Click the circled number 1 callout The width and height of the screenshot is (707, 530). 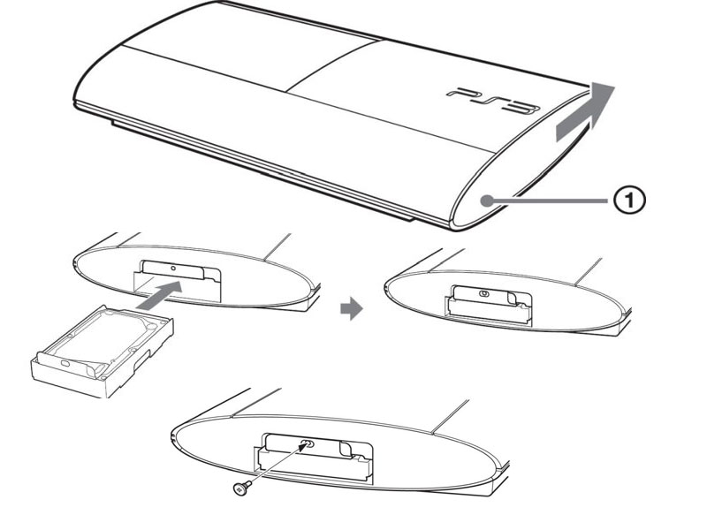click(629, 200)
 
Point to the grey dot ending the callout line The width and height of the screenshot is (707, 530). click(486, 201)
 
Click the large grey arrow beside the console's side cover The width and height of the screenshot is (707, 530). click(585, 113)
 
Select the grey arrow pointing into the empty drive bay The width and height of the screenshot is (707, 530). click(160, 295)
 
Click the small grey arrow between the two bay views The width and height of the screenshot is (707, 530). click(351, 309)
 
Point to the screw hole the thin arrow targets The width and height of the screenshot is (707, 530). click(308, 443)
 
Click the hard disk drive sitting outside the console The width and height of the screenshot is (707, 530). click(103, 351)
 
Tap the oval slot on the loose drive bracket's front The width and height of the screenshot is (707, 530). click(65, 363)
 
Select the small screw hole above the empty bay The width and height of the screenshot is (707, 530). click(174, 268)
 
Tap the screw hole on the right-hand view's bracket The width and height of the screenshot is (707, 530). click(483, 294)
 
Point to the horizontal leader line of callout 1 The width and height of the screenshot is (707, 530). click(550, 201)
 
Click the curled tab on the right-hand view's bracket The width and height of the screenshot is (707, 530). click(513, 298)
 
